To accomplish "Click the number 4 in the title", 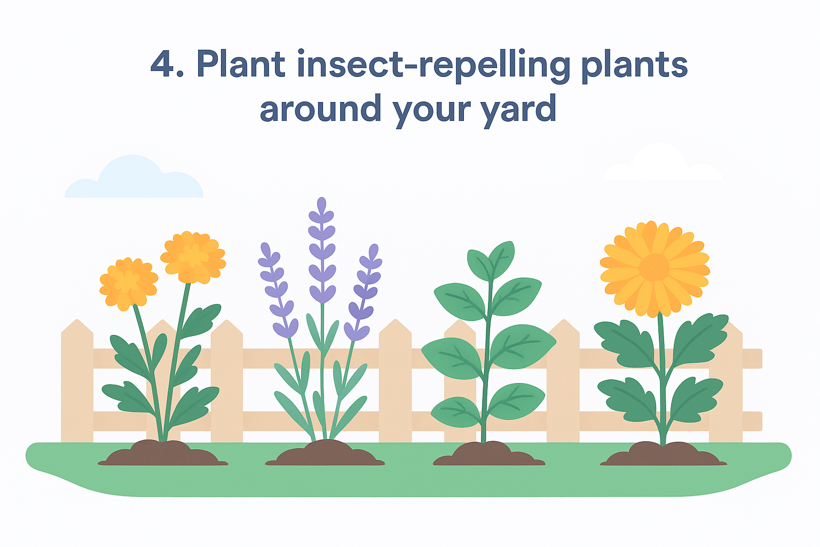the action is click(x=162, y=64).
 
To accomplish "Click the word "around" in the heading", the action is click(x=321, y=108).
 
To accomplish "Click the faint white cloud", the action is click(x=663, y=163).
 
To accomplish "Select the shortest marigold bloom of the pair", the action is click(x=129, y=284).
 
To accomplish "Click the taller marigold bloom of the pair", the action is click(x=193, y=257).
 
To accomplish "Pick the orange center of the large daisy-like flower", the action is click(x=654, y=268).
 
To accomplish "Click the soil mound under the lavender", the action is click(x=325, y=453).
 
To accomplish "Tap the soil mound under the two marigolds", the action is click(x=163, y=453).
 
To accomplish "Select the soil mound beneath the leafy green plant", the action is click(x=488, y=454).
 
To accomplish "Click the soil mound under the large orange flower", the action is click(x=663, y=454).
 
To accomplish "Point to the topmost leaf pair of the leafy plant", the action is click(x=491, y=261).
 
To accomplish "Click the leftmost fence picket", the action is click(x=77, y=381).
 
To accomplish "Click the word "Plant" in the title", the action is click(x=241, y=64).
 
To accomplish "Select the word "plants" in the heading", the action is click(x=634, y=66).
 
